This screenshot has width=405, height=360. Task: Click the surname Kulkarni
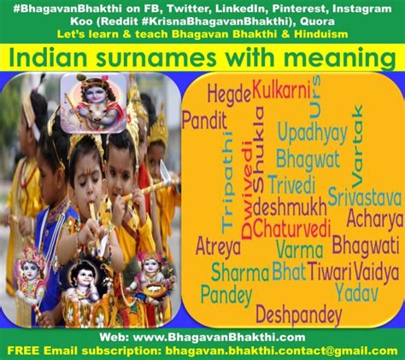click(281, 90)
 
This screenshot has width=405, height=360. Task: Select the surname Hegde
click(229, 94)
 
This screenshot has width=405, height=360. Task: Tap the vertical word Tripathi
click(227, 181)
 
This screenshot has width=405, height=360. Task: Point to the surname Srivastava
click(365, 197)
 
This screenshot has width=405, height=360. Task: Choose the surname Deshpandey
click(299, 315)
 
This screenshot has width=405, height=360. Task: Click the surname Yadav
click(356, 292)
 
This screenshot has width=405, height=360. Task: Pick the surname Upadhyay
click(313, 133)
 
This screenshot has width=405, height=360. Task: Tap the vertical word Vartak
click(357, 146)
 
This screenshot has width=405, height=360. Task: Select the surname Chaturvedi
click(291, 228)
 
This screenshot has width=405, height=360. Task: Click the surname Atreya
click(218, 246)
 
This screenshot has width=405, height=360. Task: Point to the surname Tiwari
click(329, 271)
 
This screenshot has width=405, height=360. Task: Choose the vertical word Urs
click(315, 97)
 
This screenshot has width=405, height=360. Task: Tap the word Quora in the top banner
click(317, 21)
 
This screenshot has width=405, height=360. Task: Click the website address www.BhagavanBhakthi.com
click(220, 338)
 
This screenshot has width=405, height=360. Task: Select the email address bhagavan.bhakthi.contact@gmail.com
click(281, 351)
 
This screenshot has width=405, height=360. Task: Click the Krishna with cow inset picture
click(94, 103)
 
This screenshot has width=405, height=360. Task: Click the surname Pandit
click(204, 121)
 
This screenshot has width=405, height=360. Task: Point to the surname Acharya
click(375, 219)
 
